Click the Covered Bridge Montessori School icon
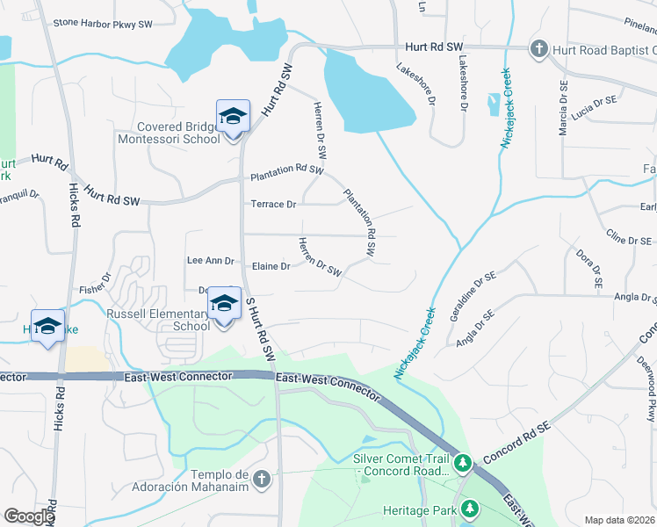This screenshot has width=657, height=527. tap(233, 118)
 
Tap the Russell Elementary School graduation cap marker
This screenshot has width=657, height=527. tap(225, 304)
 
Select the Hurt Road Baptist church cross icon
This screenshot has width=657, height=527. tap(539, 49)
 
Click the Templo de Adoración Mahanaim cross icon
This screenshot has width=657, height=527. tap(261, 479)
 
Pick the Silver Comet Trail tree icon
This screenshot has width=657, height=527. tap(462, 461)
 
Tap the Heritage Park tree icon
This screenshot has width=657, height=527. tap(470, 509)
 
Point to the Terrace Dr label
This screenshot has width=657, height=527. tap(273, 204)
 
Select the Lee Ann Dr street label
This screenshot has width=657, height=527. tap(210, 261)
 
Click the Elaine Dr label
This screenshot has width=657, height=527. tap(271, 266)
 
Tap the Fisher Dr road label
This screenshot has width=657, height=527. tap(95, 282)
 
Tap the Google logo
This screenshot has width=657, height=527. tap(28, 516)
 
